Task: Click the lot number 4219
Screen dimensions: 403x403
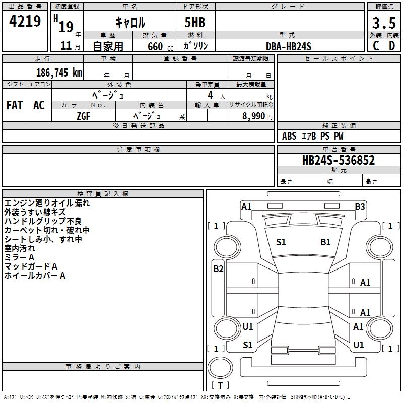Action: (25, 22)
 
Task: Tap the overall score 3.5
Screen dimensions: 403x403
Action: (383, 23)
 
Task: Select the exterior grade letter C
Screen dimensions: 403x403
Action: (375, 45)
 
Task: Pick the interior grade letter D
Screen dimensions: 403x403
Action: (392, 45)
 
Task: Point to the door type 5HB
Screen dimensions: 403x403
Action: (191, 23)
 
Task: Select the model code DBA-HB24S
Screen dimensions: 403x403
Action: (289, 46)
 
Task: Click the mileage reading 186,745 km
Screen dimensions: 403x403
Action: (59, 72)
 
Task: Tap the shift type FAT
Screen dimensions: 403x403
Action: (15, 105)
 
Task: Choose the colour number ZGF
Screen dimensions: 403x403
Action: (83, 115)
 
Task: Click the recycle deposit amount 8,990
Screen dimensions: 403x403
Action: (253, 116)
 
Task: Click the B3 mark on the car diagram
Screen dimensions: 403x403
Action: (360, 206)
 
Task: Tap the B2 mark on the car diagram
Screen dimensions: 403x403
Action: (218, 269)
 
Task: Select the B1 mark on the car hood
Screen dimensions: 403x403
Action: (325, 242)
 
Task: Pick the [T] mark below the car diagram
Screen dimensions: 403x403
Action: (220, 385)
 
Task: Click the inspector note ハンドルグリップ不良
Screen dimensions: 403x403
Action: (42, 221)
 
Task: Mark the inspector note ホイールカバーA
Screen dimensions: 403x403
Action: (35, 276)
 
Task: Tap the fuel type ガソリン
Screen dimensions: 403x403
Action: (195, 46)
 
